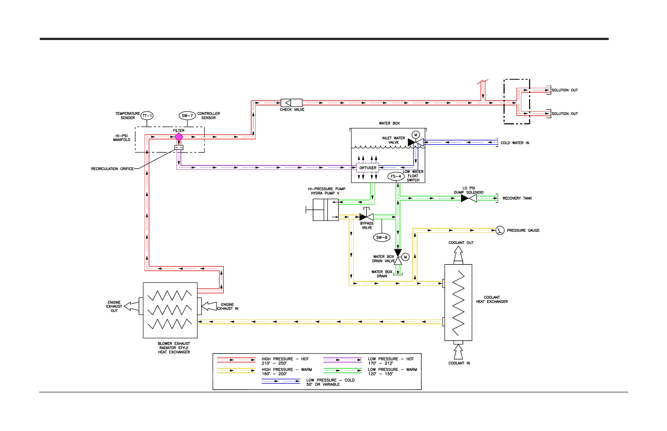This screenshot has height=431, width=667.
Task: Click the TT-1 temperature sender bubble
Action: (147, 116)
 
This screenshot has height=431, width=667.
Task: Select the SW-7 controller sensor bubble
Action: (187, 116)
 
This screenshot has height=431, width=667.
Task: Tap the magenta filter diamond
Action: (179, 137)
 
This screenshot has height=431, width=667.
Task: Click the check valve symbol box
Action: (292, 103)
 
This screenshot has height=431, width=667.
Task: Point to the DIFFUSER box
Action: (368, 168)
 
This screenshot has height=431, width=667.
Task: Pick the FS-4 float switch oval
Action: (396, 176)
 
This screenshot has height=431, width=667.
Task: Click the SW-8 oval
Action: (382, 237)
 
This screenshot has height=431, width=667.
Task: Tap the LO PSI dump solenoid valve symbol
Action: (469, 198)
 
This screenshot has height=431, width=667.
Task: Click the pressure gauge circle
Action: (500, 230)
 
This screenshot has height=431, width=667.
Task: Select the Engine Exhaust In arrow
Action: (209, 306)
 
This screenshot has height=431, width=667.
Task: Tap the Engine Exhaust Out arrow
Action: (131, 306)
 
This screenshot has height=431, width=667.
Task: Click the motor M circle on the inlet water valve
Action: (416, 135)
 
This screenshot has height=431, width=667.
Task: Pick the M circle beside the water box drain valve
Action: (405, 257)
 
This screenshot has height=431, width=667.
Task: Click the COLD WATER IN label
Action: (515, 143)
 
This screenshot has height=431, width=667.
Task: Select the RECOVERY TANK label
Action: (517, 198)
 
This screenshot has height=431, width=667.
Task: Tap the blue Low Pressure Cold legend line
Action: (281, 381)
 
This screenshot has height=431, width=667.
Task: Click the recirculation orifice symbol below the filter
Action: (179, 147)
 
